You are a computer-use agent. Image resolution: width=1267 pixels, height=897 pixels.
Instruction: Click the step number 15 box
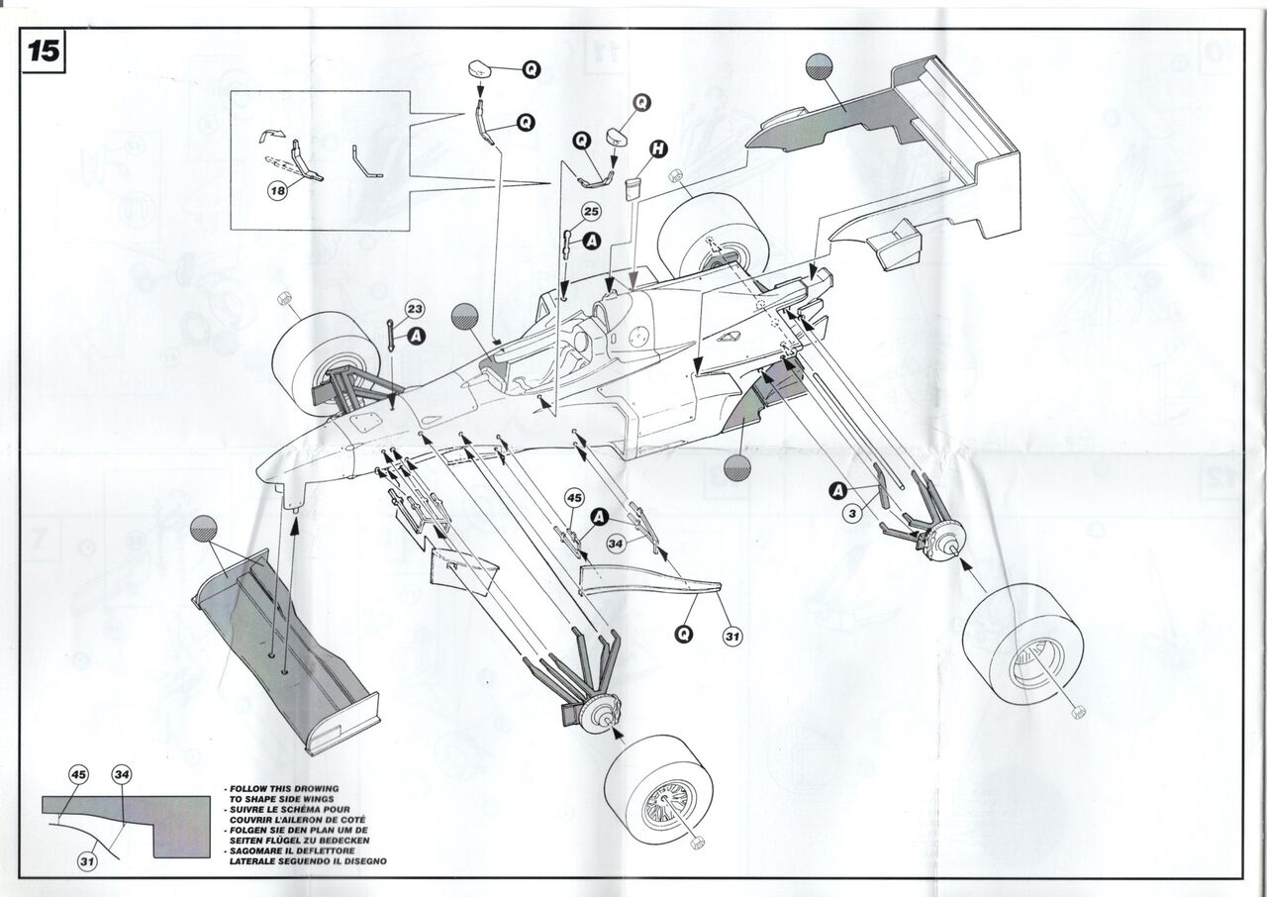point(43,51)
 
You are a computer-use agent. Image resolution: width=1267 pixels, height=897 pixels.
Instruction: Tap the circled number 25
point(591,212)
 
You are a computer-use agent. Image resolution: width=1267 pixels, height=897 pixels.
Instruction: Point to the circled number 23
point(414,309)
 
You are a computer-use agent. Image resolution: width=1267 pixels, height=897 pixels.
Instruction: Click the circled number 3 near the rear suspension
point(851,512)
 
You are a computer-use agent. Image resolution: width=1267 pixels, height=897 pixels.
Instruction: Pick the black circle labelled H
point(657,149)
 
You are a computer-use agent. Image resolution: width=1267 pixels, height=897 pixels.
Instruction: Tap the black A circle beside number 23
point(417,337)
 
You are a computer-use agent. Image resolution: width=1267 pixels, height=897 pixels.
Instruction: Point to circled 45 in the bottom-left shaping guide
point(80,775)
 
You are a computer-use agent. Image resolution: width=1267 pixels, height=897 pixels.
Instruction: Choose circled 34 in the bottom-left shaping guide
point(121,775)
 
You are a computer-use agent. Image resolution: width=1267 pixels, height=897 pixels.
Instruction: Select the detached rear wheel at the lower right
point(1023,644)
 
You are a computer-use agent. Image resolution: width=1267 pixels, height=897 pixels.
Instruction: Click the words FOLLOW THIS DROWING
point(269,790)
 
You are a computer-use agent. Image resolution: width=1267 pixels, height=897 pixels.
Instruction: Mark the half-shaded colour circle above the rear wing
point(819,65)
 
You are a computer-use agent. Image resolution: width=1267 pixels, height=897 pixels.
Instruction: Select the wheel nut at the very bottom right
point(1078,710)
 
